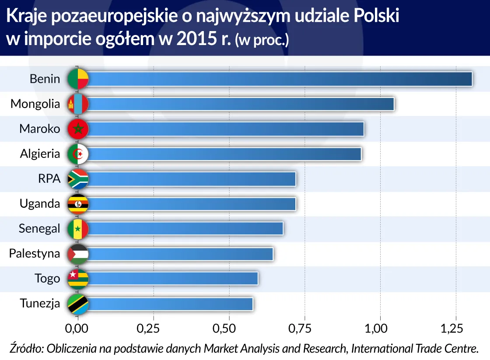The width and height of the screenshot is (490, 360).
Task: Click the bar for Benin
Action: (280, 79)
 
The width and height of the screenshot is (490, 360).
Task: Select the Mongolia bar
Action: (241, 104)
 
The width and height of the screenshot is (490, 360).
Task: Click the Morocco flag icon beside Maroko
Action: (78, 129)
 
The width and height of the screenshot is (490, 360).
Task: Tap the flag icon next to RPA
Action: (78, 179)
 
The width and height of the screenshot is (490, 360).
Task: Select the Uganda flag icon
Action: (78, 204)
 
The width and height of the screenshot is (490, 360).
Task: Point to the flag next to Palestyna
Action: (78, 254)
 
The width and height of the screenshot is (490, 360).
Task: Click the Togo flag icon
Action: (78, 279)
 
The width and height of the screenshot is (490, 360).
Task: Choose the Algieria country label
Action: (40, 154)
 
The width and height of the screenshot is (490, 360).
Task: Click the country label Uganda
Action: (40, 203)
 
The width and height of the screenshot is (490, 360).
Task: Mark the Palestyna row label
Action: (35, 253)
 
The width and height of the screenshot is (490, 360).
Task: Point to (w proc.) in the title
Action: (262, 40)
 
